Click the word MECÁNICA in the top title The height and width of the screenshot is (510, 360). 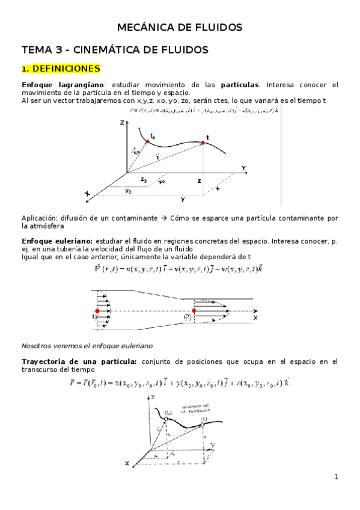click(x=142, y=27)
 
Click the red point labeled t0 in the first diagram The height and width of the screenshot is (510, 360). click(x=147, y=142)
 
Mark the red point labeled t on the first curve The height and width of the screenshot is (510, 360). click(x=202, y=143)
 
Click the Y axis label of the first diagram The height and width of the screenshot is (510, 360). click(x=243, y=167)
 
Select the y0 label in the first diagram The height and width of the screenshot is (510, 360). click(x=128, y=191)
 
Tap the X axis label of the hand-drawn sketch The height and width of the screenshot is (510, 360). click(x=127, y=463)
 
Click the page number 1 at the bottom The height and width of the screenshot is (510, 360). click(x=337, y=478)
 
